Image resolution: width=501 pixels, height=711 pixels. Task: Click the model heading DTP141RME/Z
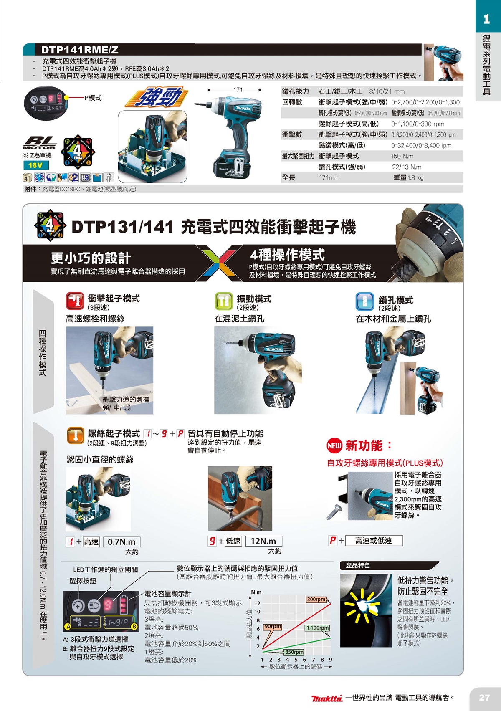tap(80, 50)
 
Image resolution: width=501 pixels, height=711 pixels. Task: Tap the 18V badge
tap(35, 165)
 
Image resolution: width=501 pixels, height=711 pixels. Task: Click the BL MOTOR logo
tap(39, 143)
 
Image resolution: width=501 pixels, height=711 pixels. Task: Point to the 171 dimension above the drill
tap(238, 90)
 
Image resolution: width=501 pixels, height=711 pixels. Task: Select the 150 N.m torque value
tap(402, 156)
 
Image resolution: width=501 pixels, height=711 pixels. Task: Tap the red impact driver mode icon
tap(75, 301)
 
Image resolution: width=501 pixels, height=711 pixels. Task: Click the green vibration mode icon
tap(223, 301)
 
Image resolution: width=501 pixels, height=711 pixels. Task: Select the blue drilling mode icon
tap(364, 301)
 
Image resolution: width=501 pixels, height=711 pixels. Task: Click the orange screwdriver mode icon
tap(76, 436)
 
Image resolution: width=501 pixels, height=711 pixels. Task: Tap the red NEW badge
tap(334, 445)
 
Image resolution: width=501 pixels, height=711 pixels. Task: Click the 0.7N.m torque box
tap(121, 542)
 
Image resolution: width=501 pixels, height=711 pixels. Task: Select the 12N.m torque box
tap(263, 541)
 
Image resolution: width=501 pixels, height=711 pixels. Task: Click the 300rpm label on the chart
tap(316, 600)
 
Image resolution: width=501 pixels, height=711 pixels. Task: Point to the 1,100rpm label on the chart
tap(318, 628)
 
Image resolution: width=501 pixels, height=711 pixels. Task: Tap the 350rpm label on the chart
tap(294, 652)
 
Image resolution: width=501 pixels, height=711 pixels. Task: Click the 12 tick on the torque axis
tap(257, 603)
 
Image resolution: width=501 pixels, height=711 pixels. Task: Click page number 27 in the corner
tap(484, 698)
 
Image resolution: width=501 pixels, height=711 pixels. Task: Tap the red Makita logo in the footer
tap(327, 698)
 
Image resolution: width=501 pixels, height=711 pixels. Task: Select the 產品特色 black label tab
tap(358, 565)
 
